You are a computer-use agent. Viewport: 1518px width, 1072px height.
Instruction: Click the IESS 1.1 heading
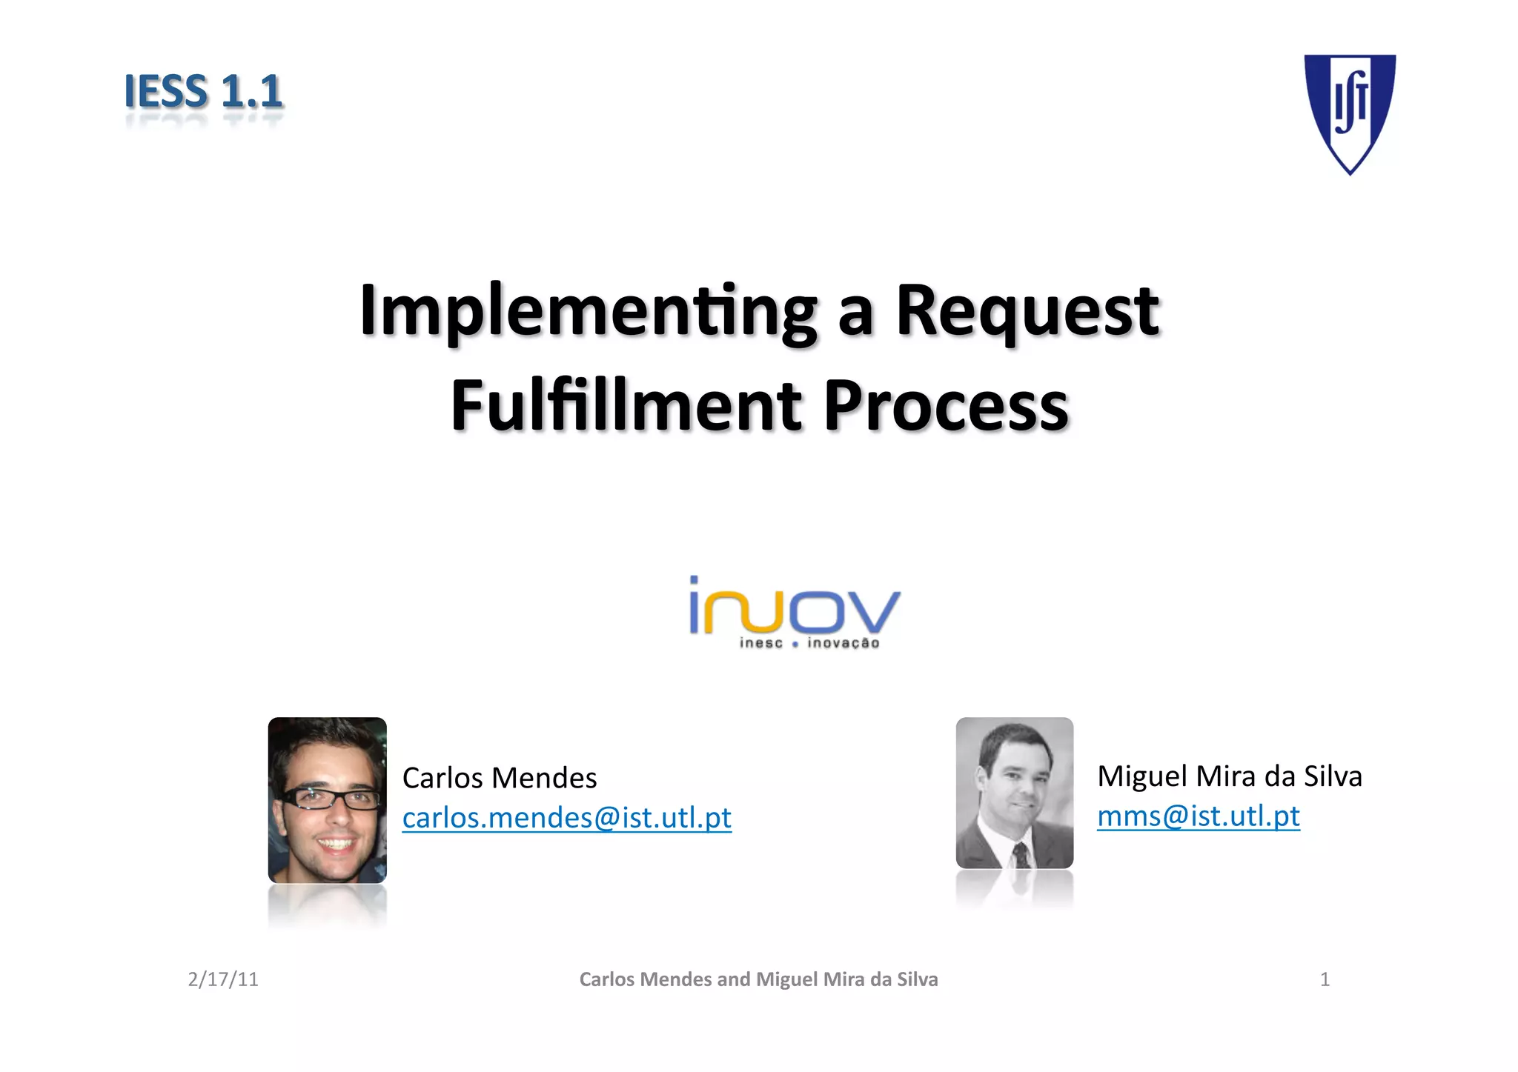pyautogui.click(x=203, y=92)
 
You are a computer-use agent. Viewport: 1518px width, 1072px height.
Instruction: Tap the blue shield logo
pyautogui.click(x=1350, y=111)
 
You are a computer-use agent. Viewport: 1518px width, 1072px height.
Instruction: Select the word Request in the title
pyautogui.click(x=1027, y=311)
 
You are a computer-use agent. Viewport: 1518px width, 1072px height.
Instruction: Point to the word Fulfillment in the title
pyautogui.click(x=626, y=405)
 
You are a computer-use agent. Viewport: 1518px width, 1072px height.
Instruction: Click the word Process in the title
pyautogui.click(x=946, y=405)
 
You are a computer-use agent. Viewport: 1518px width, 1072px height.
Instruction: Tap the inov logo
pyautogui.click(x=795, y=606)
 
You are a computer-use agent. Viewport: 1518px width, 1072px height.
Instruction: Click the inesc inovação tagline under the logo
pyautogui.click(x=809, y=643)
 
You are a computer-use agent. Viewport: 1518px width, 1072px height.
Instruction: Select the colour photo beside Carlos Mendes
pyautogui.click(x=327, y=799)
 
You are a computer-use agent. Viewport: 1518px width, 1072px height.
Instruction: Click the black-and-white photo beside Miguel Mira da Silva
pyautogui.click(x=1014, y=792)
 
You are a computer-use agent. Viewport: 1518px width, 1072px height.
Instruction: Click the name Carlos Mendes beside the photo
pyautogui.click(x=500, y=778)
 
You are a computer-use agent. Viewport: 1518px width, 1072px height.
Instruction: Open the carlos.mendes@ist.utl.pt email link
pyautogui.click(x=567, y=818)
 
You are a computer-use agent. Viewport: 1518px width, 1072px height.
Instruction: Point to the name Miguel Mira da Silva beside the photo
pyautogui.click(x=1230, y=776)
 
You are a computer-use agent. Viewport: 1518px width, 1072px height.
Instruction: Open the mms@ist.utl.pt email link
pyautogui.click(x=1199, y=816)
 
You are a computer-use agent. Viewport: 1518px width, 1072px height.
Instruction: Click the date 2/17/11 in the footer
pyautogui.click(x=223, y=979)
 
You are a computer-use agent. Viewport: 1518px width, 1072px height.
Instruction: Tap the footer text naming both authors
pyautogui.click(x=758, y=979)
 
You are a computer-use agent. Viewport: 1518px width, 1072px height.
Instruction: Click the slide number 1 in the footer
pyautogui.click(x=1325, y=979)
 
